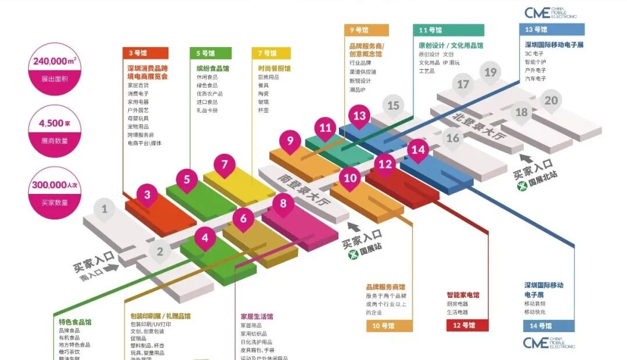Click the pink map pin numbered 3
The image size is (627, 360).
click(147, 195)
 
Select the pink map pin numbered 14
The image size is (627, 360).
click(418, 149)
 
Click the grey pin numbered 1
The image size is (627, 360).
click(105, 208)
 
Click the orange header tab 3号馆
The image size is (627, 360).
click(145, 53)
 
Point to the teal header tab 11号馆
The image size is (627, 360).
click(448, 30)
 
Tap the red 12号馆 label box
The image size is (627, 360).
click(467, 326)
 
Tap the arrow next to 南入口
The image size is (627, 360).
click(112, 268)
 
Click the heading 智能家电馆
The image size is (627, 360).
click(463, 295)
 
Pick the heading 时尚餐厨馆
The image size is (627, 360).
click(275, 69)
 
